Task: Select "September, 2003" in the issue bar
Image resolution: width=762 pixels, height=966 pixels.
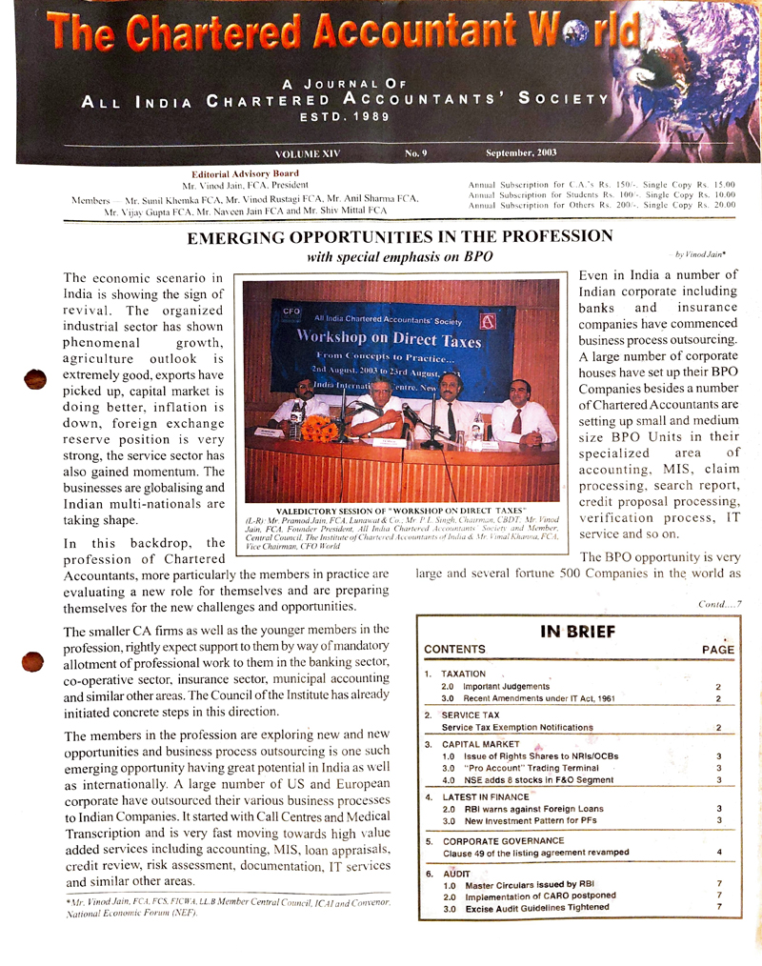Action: (x=521, y=153)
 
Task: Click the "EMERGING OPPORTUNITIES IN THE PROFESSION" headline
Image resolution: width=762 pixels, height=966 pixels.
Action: (x=400, y=236)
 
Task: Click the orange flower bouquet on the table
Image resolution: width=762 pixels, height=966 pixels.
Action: (x=320, y=428)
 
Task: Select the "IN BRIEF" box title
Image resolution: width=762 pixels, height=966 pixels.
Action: (x=578, y=631)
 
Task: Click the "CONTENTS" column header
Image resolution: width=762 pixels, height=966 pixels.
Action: (x=454, y=650)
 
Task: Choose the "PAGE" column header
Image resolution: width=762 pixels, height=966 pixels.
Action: (x=717, y=650)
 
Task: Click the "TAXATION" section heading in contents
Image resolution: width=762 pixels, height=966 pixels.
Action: (x=464, y=674)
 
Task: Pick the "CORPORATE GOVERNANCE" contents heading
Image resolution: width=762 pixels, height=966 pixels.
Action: (x=503, y=841)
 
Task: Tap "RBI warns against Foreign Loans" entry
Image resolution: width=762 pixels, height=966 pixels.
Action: (x=533, y=809)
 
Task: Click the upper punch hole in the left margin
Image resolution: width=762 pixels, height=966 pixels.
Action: (x=35, y=378)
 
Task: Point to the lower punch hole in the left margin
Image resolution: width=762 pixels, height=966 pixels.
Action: (x=34, y=661)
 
